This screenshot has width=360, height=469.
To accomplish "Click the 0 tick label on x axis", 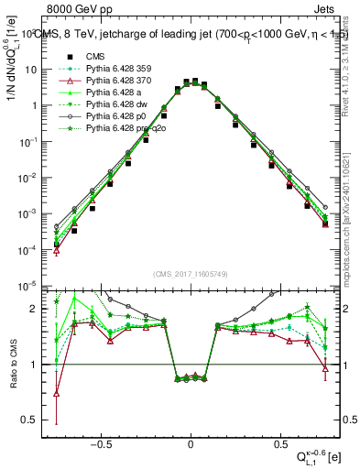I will point(191,442).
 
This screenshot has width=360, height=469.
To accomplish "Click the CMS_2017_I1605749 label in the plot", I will point(191,272).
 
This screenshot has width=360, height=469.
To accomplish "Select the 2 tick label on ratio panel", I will point(36,309).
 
